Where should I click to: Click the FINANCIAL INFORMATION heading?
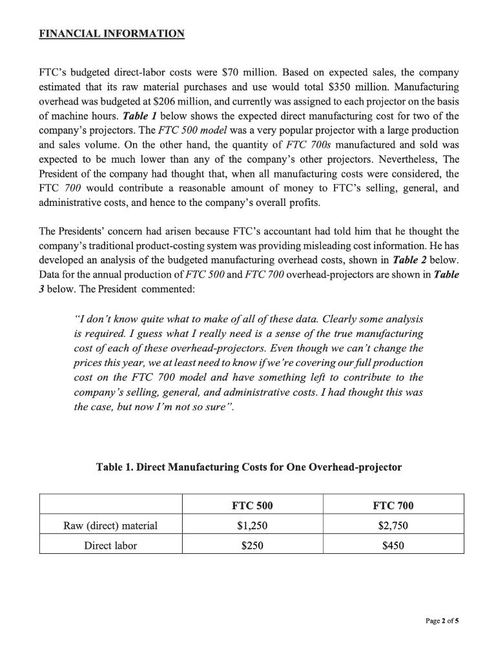coord(112,33)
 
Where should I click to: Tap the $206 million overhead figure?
coord(197,101)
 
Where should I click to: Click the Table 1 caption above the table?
coord(249,467)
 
